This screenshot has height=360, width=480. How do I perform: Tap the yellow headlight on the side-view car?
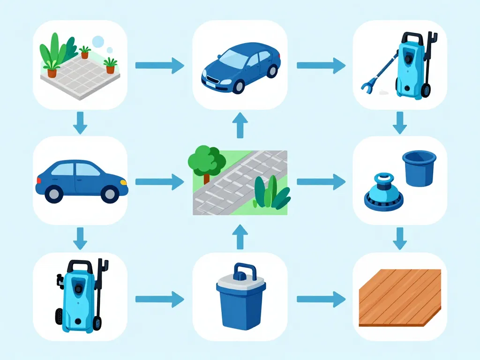pos(123,182)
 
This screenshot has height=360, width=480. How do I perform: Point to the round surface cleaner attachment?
pos(383,192)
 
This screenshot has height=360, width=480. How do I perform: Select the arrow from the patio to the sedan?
pos(159,65)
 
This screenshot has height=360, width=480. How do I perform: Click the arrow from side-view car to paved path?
pos(159,182)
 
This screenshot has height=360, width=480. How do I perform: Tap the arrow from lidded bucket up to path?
pos(240,236)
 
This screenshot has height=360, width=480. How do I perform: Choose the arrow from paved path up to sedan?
pos(240,125)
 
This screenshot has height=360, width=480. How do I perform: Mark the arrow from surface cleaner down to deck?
pos(399,238)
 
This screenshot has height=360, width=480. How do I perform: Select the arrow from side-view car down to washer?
pos(81,238)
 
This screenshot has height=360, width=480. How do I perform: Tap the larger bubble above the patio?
pos(98,42)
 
